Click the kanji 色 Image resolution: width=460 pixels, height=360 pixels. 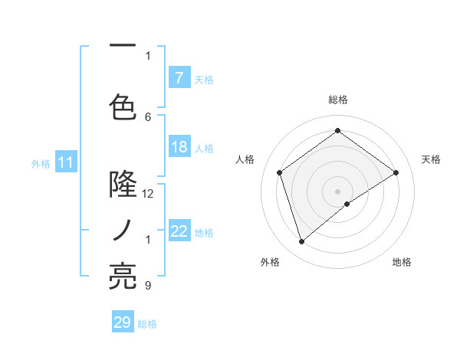pyautogui.click(x=123, y=105)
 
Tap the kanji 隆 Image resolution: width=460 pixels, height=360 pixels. pyautogui.click(x=123, y=185)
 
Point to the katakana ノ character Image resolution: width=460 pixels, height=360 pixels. pyautogui.click(x=123, y=230)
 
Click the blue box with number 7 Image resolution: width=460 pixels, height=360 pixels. pyautogui.click(x=179, y=78)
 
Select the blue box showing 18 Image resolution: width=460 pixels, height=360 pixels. pyautogui.click(x=179, y=147)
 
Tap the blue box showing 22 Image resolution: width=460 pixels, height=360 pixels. pyautogui.click(x=179, y=231)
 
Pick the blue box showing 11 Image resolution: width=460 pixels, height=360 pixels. pyautogui.click(x=65, y=162)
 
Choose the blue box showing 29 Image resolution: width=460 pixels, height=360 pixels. pyautogui.click(x=123, y=322)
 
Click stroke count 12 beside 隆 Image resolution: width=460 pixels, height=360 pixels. pyautogui.click(x=149, y=193)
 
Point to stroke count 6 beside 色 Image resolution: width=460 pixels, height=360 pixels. pyautogui.click(x=149, y=116)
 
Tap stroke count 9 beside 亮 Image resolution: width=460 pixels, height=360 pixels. pyautogui.click(x=148, y=286)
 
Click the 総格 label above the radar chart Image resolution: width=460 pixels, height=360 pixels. pyautogui.click(x=337, y=100)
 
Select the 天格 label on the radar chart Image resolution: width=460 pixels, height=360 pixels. pyautogui.click(x=431, y=159)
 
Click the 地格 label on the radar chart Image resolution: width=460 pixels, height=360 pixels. pyautogui.click(x=402, y=262)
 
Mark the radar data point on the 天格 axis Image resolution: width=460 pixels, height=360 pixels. pyautogui.click(x=396, y=172)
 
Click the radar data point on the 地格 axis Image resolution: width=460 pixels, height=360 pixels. pyautogui.click(x=347, y=204)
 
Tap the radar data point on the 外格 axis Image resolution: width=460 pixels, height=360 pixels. pyautogui.click(x=301, y=242)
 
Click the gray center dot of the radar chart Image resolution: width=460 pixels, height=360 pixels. pyautogui.click(x=337, y=191)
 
